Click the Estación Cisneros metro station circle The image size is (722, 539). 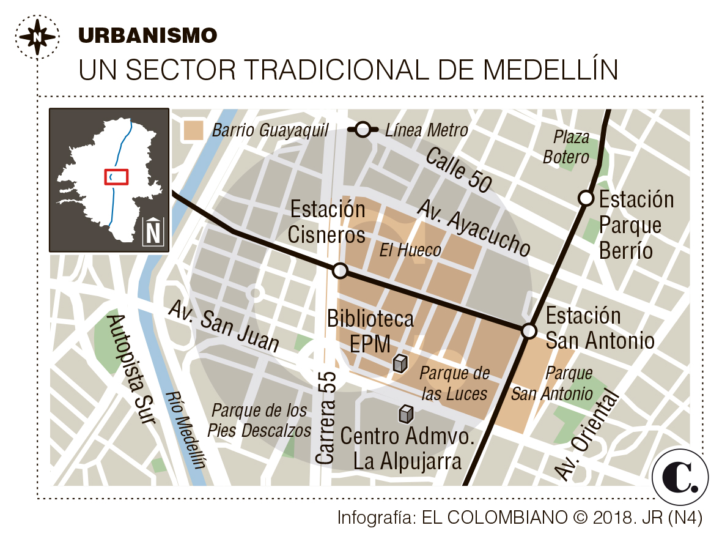click(x=341, y=270)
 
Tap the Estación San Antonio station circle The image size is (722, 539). click(x=529, y=331)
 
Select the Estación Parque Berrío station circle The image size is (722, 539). click(x=586, y=198)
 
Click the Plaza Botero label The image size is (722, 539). click(x=565, y=147)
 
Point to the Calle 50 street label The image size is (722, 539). click(x=459, y=169)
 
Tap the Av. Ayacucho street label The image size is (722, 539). click(x=473, y=228)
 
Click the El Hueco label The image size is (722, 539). click(x=410, y=250)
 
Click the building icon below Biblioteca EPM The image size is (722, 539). click(x=400, y=363)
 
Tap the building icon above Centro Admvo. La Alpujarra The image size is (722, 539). click(x=406, y=415)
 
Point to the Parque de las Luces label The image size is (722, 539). click(x=454, y=384)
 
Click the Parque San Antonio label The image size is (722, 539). click(x=552, y=383)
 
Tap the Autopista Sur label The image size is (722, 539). click(x=130, y=370)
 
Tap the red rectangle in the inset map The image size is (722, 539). click(x=116, y=177)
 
